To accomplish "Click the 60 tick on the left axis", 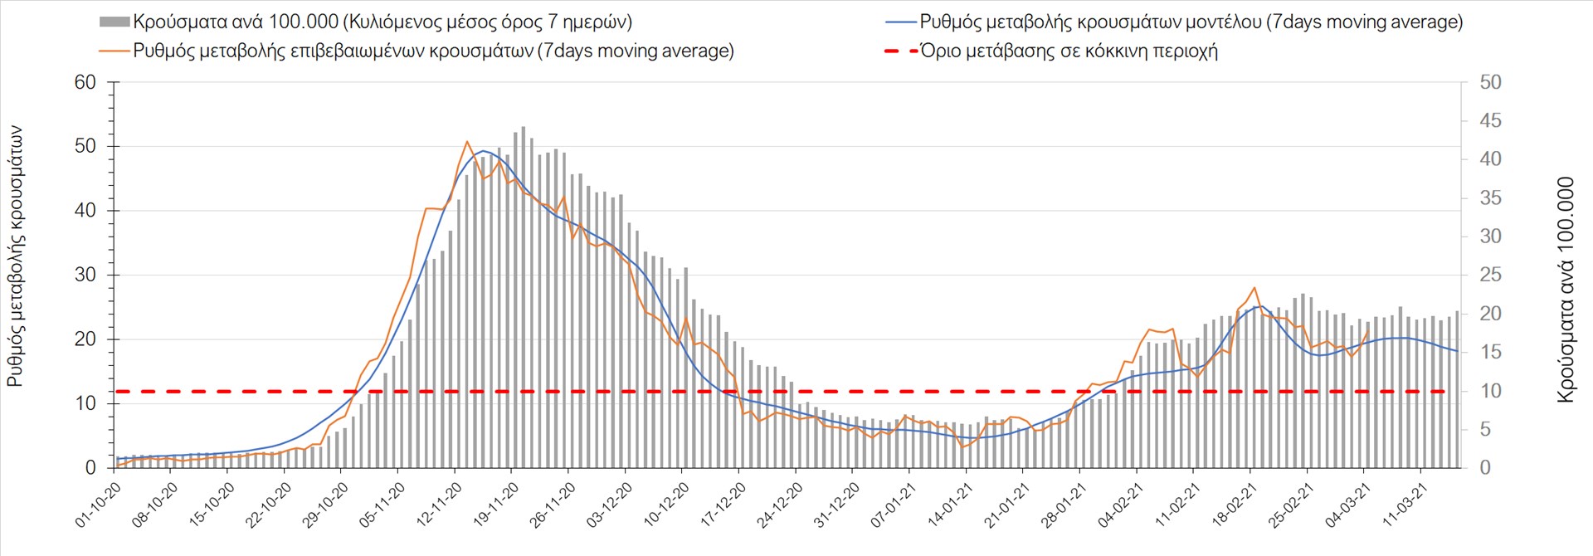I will tap(85, 82).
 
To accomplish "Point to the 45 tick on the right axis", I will tap(1490, 121).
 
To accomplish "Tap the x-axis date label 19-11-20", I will tap(495, 505).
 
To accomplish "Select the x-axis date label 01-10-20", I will tap(98, 505).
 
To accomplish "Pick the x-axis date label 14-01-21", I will tap(950, 505).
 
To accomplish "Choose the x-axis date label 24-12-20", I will tap(780, 505).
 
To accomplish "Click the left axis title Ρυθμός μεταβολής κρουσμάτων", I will tap(16, 256).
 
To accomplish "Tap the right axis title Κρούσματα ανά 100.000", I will tap(1566, 289).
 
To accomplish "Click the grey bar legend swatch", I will tap(114, 22).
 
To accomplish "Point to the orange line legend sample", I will tap(114, 51).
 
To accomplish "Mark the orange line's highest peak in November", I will tap(466, 142).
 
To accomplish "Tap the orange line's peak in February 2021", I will tap(1254, 288).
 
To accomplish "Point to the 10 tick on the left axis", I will tap(85, 404).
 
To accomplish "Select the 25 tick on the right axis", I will tap(1490, 275).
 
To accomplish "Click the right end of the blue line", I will tap(1458, 351).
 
